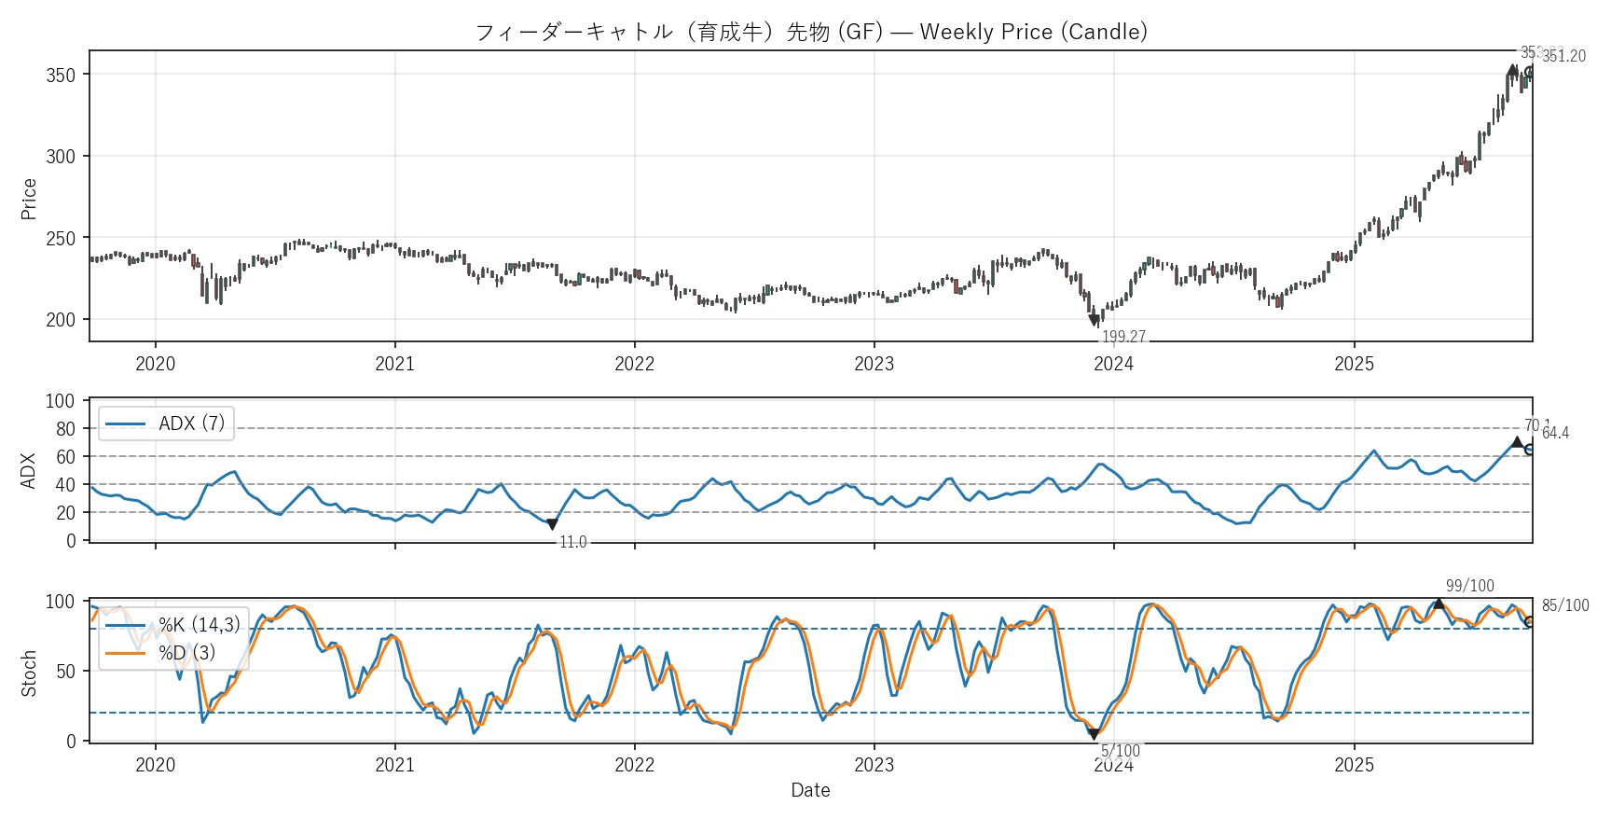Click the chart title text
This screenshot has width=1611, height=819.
click(811, 32)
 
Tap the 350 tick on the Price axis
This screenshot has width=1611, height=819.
click(61, 75)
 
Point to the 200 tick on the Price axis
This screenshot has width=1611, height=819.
click(61, 320)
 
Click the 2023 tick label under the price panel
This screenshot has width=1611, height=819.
click(874, 364)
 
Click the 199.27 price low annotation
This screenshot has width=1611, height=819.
click(1123, 337)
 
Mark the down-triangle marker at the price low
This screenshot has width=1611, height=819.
click(1095, 321)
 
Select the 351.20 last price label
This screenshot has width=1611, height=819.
click(1563, 56)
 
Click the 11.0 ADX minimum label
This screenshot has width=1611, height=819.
click(572, 542)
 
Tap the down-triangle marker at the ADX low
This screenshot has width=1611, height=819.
click(552, 524)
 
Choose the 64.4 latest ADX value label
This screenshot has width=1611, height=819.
click(1555, 433)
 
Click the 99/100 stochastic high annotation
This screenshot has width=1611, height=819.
click(1469, 586)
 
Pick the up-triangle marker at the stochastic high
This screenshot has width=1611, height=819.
click(1439, 604)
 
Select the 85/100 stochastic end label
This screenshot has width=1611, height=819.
click(1565, 605)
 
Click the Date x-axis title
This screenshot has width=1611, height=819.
click(810, 790)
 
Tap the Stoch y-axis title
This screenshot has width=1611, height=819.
click(29, 673)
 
